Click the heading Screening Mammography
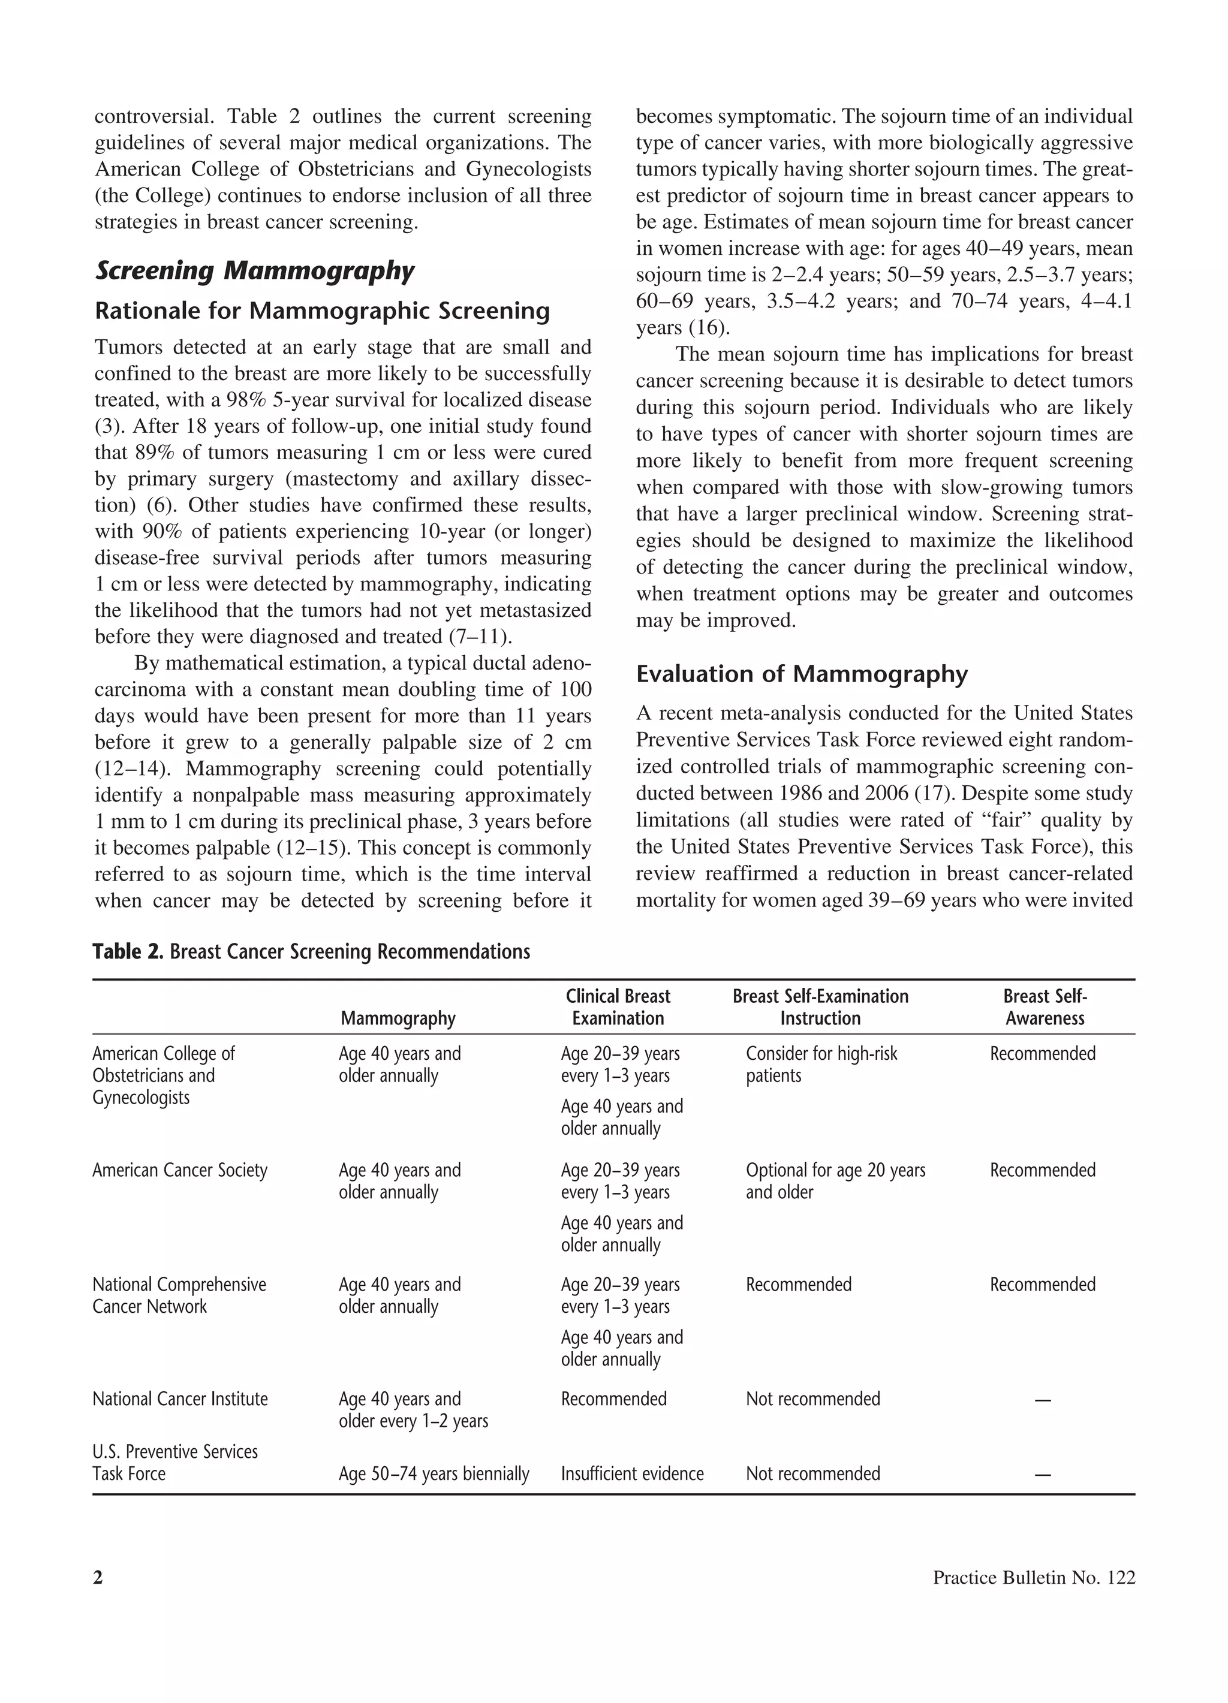pos(254,271)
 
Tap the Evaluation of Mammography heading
pos(802,674)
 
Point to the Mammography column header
pos(398,1018)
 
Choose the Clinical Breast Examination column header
pos(618,1007)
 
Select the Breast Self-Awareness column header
pos(1045,1007)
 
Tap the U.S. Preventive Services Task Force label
pos(174,1462)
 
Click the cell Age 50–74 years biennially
pos(434,1473)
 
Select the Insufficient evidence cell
pos(631,1473)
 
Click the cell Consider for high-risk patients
pos(821,1064)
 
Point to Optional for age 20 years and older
pos(835,1180)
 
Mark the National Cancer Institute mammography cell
pos(413,1409)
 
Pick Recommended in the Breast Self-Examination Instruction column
pos(799,1284)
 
